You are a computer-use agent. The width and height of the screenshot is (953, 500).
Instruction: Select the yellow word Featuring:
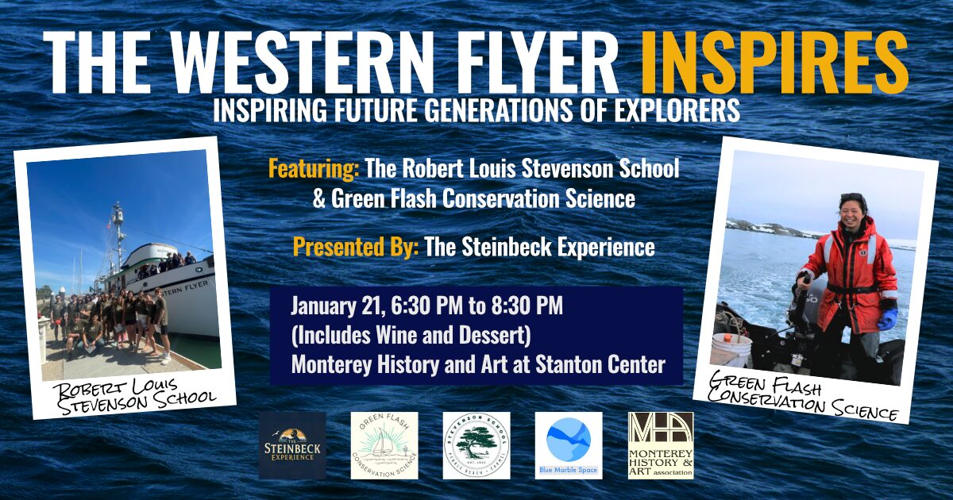pos(314,169)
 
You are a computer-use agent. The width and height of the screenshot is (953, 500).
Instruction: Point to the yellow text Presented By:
pos(355,247)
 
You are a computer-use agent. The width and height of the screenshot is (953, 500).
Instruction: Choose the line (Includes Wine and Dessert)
pos(410,336)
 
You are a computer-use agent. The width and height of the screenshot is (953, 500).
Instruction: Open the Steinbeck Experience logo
pos(291,445)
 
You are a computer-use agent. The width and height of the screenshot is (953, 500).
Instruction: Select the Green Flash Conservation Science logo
pos(384,445)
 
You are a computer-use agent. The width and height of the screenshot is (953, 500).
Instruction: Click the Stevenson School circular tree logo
pos(476,445)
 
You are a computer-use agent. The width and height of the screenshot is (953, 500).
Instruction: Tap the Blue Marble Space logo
pos(568,445)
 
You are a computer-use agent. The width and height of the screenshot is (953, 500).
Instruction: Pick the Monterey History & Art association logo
pos(660,445)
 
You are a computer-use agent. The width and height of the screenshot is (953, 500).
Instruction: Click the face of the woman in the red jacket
pos(852,213)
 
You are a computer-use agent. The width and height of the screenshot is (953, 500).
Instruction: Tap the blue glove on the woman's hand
pos(887,319)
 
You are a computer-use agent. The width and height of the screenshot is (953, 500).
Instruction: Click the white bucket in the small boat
pos(731,348)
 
